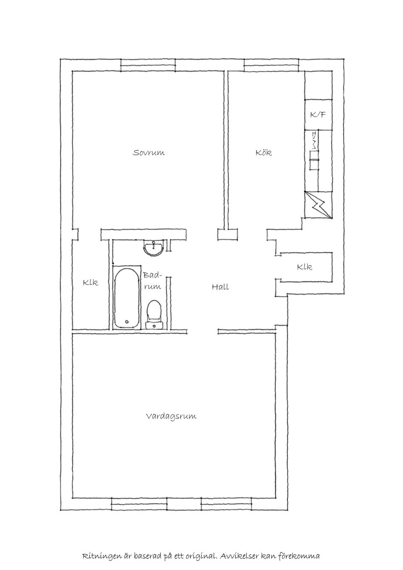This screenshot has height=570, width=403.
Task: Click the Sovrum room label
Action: tap(149, 153)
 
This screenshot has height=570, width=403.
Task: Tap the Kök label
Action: tap(264, 153)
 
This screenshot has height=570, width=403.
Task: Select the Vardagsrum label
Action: tap(171, 416)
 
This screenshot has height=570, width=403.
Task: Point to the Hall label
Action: tap(220, 288)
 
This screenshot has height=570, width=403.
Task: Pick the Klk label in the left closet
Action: tap(90, 283)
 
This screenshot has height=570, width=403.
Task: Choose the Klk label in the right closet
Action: tap(304, 267)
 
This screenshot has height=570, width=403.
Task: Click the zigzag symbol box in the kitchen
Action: tap(318, 205)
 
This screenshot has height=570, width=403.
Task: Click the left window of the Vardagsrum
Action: tap(139, 503)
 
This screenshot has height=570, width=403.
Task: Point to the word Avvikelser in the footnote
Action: tap(240, 557)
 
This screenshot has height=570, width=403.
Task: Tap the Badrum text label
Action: tap(152, 281)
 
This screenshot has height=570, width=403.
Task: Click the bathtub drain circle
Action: tap(127, 322)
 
